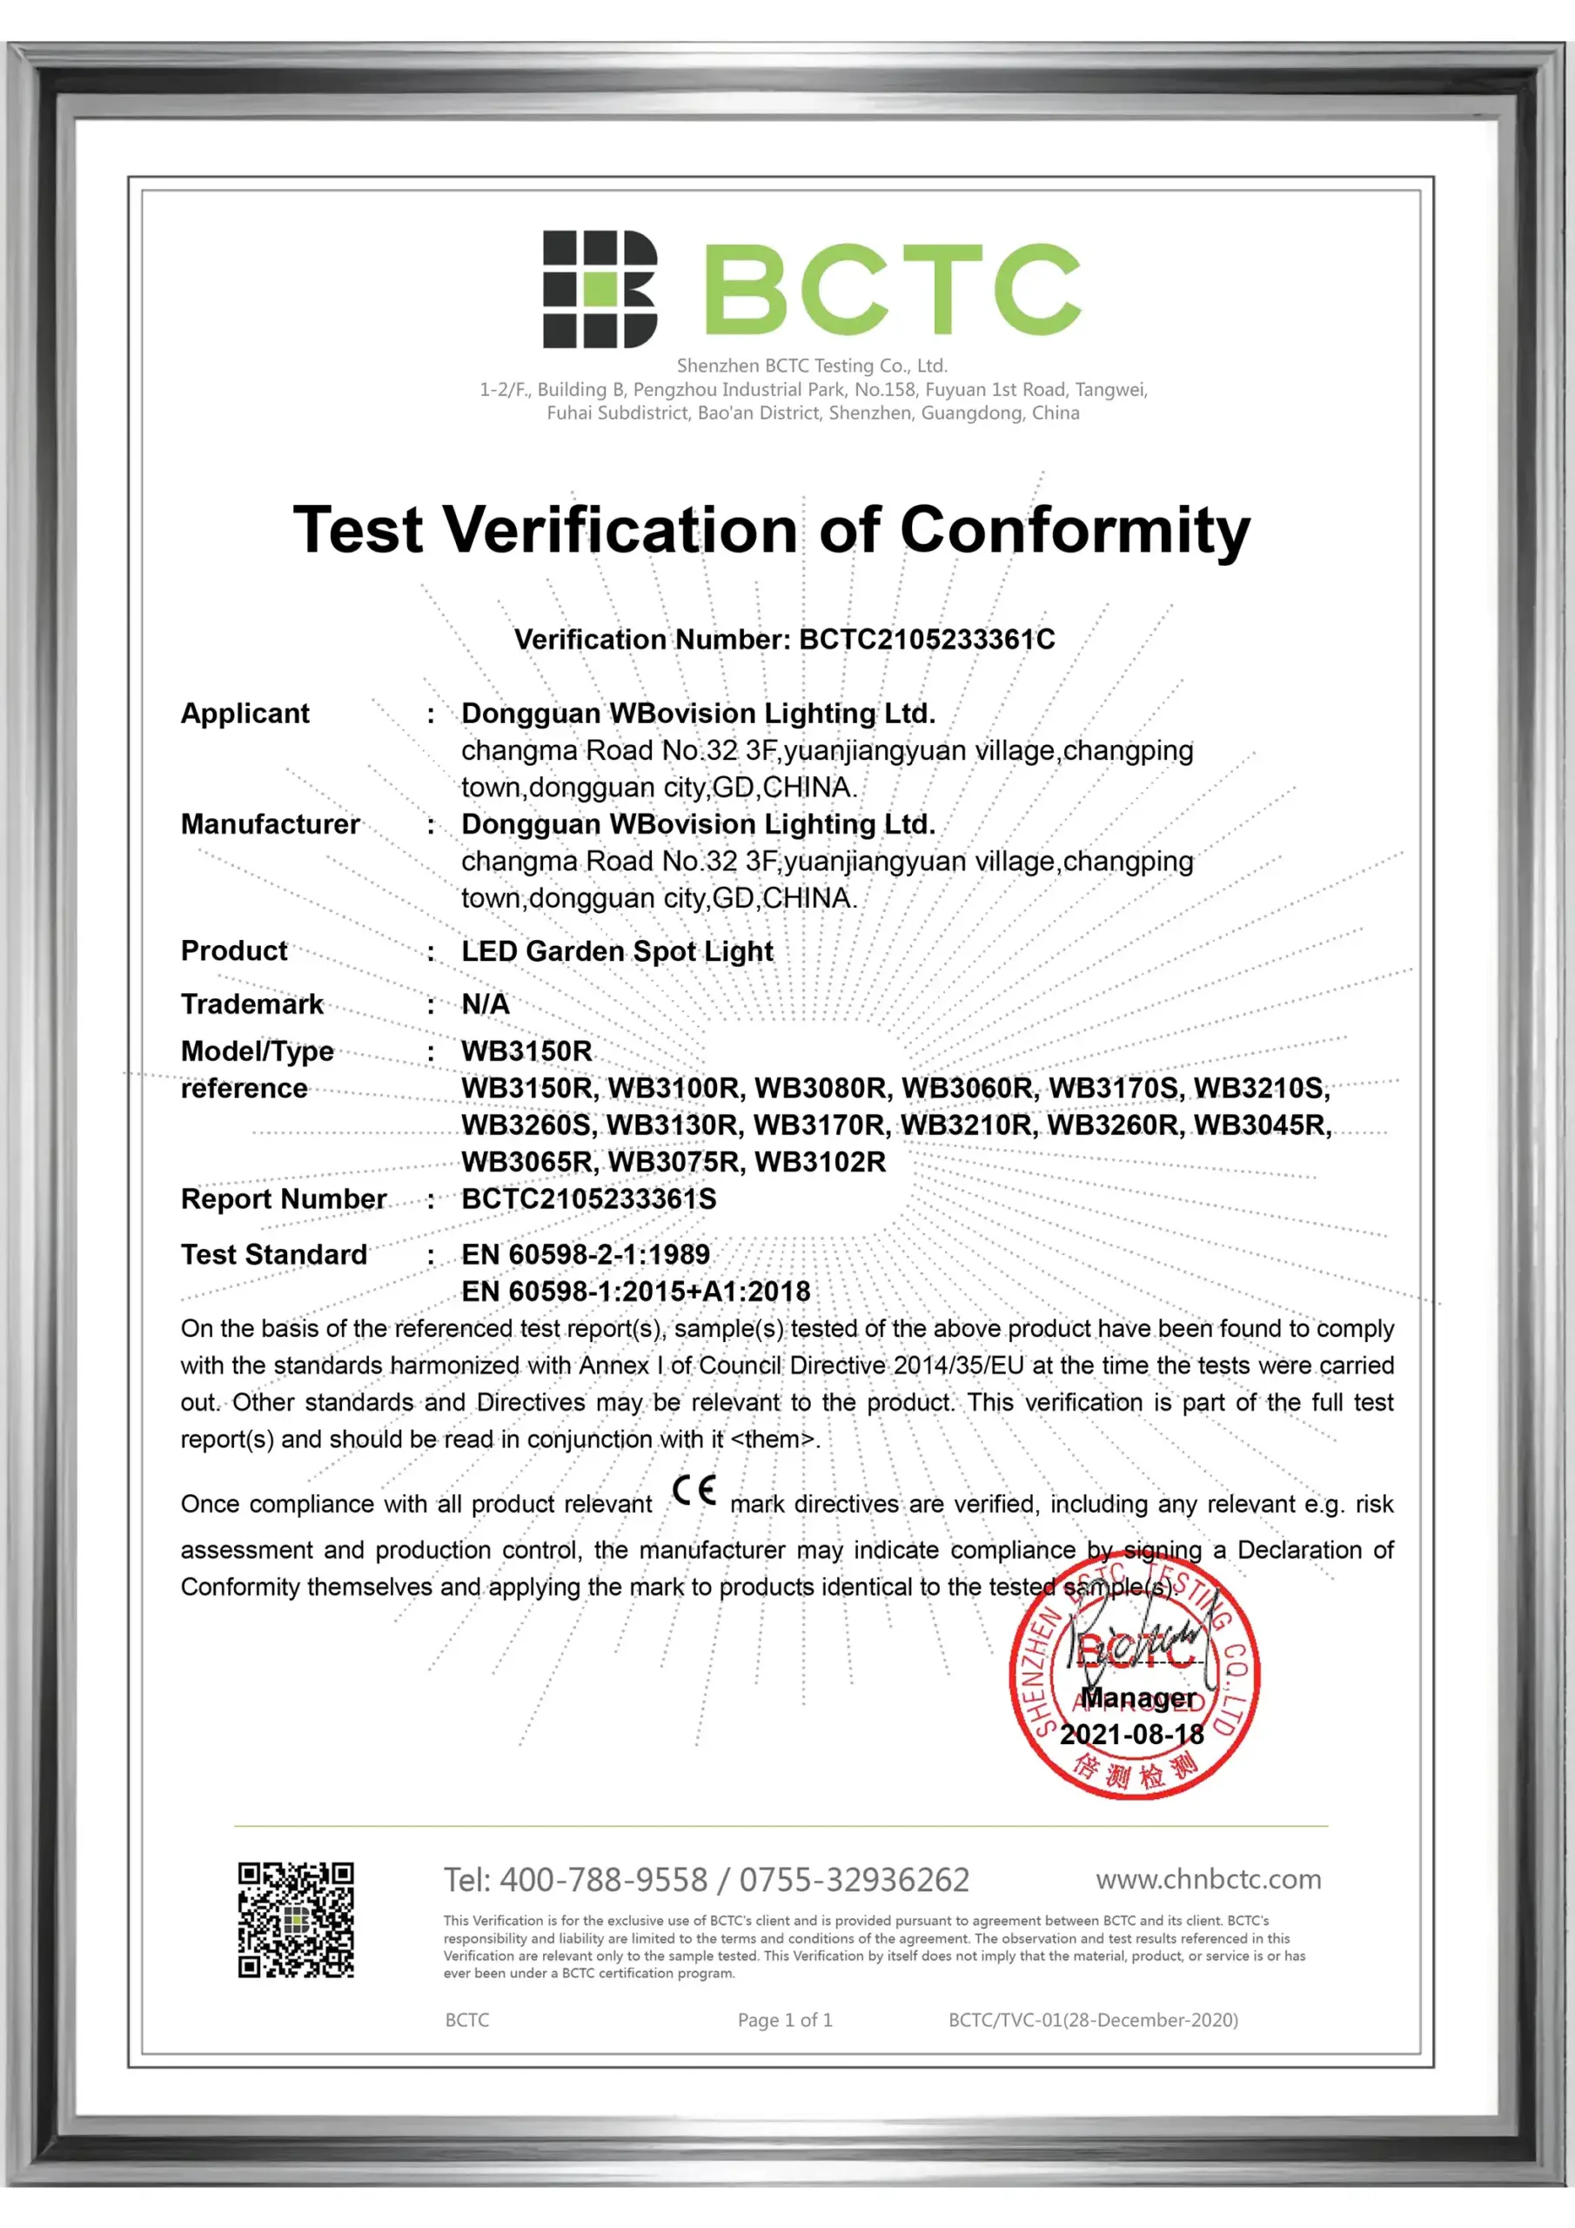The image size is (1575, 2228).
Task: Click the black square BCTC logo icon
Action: (599, 288)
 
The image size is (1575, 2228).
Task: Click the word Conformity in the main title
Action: (1075, 531)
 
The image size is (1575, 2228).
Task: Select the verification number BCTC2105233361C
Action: (926, 640)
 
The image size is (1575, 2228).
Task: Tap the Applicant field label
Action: (245, 714)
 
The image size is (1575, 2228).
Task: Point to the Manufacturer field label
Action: (270, 824)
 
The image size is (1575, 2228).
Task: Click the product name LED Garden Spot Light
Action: (617, 951)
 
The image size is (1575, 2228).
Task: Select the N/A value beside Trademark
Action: (486, 1003)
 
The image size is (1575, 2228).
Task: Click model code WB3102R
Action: (820, 1162)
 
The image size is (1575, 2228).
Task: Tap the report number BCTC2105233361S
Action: (589, 1198)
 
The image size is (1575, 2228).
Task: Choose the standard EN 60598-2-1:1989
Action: (585, 1254)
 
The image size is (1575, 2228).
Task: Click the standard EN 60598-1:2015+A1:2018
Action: (635, 1291)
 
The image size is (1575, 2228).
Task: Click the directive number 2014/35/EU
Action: (958, 1366)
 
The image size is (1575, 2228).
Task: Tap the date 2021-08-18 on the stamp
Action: (1131, 1734)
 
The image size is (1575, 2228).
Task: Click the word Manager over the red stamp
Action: (1138, 1697)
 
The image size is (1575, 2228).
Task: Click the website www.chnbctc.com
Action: (1208, 1879)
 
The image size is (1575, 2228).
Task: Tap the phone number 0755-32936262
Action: (854, 1880)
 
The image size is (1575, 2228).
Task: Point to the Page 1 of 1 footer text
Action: (784, 2019)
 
